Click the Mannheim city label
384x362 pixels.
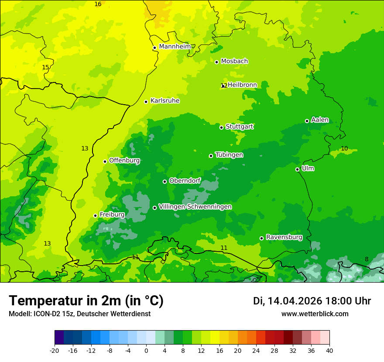click(x=175, y=46)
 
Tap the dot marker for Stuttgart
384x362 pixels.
click(x=222, y=127)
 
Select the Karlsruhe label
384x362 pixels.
click(x=165, y=101)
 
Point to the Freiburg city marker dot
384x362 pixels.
click(x=95, y=215)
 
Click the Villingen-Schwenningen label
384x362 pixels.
click(x=195, y=207)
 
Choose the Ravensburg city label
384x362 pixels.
click(x=284, y=237)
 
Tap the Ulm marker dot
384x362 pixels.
click(x=298, y=169)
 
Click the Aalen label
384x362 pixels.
click(x=320, y=120)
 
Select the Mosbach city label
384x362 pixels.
click(x=234, y=61)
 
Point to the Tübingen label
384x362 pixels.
click(x=229, y=155)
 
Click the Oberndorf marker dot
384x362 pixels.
click(x=165, y=181)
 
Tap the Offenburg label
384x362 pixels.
click(x=124, y=161)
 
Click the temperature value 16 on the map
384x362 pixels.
click(x=98, y=4)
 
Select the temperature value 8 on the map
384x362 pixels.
click(x=367, y=259)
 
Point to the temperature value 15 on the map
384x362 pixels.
click(x=45, y=67)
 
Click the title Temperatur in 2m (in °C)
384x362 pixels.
click(x=86, y=301)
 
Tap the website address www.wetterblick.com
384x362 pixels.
click(x=315, y=314)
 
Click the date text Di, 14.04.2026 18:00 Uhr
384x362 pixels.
click(x=312, y=301)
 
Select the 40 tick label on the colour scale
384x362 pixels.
click(x=329, y=350)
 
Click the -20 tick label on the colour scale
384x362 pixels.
click(x=55, y=350)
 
